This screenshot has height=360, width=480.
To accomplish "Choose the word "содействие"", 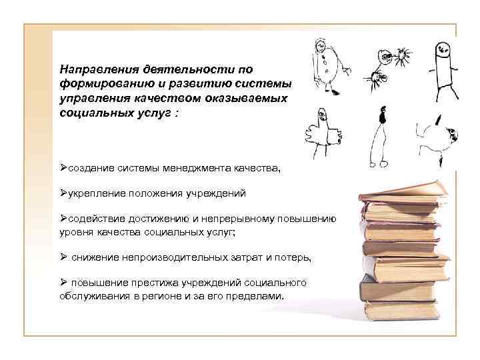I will (x=95, y=219).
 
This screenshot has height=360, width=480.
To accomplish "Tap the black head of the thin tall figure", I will (x=382, y=117).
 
